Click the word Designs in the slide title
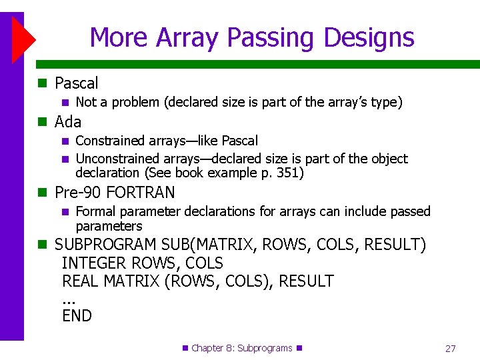click(367, 37)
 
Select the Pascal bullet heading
click(76, 83)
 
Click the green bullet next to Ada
click(43, 122)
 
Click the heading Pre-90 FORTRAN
click(115, 193)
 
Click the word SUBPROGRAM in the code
click(105, 245)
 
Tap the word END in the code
click(77, 316)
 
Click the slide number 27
click(450, 349)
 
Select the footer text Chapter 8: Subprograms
click(242, 348)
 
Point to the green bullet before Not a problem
click(65, 103)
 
